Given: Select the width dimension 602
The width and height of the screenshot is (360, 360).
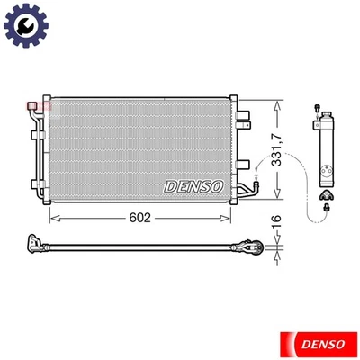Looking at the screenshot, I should (139, 218).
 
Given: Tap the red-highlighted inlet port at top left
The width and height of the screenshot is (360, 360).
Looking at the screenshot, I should (40, 106).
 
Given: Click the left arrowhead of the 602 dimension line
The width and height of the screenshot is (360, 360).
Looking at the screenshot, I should (52, 218).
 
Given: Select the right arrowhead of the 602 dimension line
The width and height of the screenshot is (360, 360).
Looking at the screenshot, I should (231, 218).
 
